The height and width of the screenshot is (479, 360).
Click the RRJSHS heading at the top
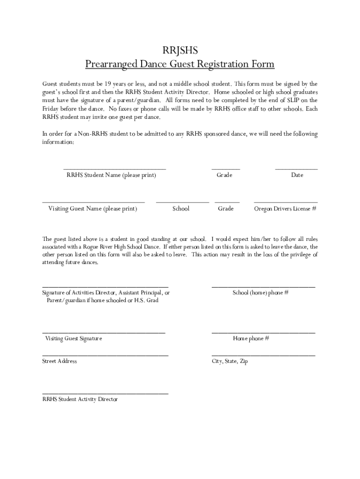(180, 50)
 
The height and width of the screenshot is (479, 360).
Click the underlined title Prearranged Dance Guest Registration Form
(180, 64)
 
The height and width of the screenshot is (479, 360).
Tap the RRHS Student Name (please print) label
(111, 175)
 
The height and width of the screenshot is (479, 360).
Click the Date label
(297, 175)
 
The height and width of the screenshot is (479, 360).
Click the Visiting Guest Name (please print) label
(93, 209)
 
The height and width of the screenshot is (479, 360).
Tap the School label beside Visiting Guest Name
(181, 209)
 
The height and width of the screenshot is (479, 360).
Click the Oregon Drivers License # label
(285, 209)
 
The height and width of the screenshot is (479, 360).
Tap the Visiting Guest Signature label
(73, 338)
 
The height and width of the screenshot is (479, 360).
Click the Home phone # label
(251, 338)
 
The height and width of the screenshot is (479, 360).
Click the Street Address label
(59, 361)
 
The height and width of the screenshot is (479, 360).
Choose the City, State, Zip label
(230, 361)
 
